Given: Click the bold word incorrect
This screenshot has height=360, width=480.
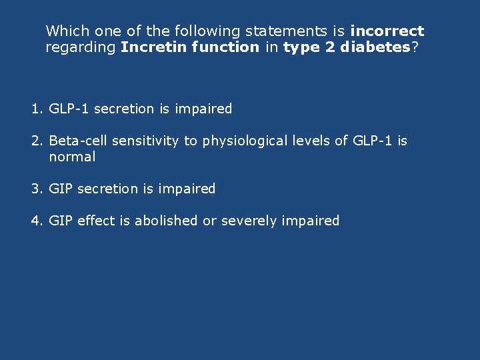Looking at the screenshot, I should click(387, 31).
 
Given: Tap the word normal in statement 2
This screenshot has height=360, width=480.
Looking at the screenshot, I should click(72, 157).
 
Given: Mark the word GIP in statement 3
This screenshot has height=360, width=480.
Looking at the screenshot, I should click(61, 189).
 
